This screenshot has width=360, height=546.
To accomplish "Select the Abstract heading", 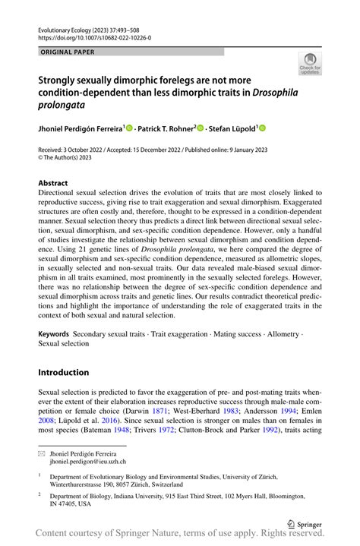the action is [53, 183].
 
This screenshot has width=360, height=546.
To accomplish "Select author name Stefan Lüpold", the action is [231, 129].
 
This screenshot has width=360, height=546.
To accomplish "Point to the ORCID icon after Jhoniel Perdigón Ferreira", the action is [129, 129].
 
